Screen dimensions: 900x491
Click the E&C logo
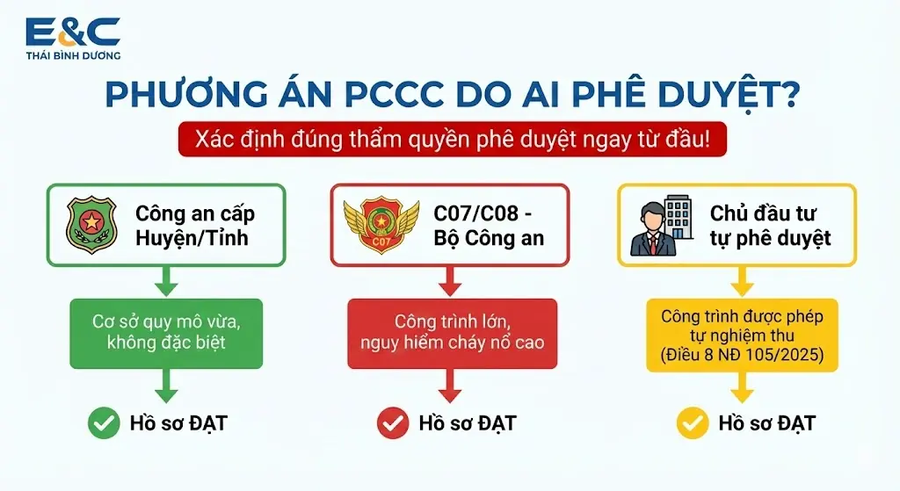[73, 38]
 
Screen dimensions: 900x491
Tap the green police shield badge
[91, 224]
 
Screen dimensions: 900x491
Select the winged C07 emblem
[381, 224]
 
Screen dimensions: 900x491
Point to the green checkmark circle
[104, 423]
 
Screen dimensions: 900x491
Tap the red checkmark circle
[393, 423]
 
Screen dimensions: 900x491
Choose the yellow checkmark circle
[693, 423]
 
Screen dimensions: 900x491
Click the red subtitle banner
[453, 139]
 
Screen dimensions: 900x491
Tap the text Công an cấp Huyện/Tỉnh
[194, 226]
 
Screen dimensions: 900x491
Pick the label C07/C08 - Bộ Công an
[489, 226]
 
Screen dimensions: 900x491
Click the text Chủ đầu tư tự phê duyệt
[770, 226]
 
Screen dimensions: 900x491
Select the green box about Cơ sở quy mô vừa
[166, 333]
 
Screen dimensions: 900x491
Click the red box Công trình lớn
[453, 333]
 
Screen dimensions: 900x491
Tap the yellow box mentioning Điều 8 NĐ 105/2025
[742, 335]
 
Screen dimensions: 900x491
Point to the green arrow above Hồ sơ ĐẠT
[166, 386]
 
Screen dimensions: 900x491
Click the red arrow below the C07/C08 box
[450, 282]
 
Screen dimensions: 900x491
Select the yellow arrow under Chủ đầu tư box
[742, 282]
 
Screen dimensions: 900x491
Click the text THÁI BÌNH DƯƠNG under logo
[73, 55]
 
